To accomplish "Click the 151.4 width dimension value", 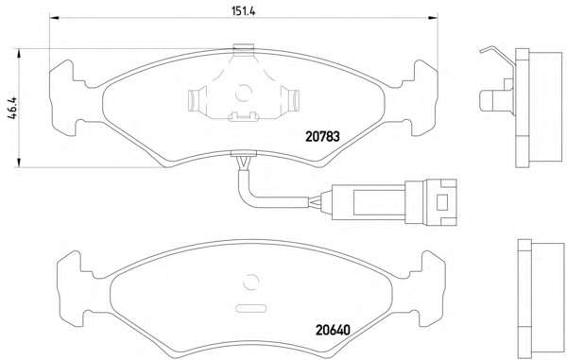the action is (x=244, y=11).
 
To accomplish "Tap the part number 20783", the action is (x=322, y=136).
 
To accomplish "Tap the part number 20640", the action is (x=333, y=330).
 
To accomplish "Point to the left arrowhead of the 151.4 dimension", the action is (x=54, y=17).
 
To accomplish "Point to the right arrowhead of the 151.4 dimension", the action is (x=433, y=17).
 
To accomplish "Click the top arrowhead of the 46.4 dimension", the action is (x=19, y=54).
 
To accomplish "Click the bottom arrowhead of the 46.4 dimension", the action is (x=19, y=163).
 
